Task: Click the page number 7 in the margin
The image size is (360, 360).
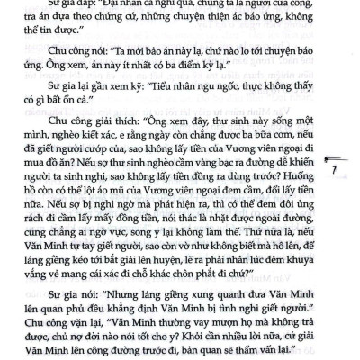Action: [x=334, y=170]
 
